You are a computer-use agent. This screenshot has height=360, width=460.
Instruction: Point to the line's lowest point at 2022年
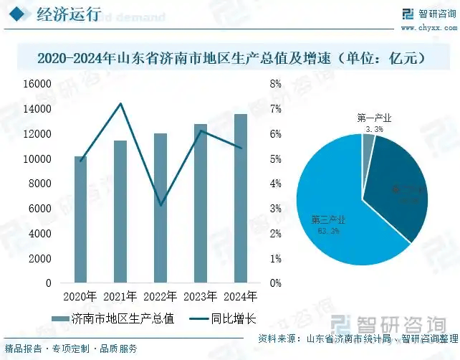click(160, 205)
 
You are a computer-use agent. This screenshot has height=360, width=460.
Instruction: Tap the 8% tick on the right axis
click(275, 84)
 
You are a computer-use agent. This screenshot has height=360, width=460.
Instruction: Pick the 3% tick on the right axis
click(275, 209)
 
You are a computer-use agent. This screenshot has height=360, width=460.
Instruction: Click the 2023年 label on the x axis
click(201, 296)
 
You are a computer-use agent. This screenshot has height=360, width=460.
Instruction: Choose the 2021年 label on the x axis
click(120, 296)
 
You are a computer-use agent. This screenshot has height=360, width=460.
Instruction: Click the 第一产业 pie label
click(373, 118)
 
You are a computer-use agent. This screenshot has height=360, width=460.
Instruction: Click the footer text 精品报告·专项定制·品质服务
click(71, 349)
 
